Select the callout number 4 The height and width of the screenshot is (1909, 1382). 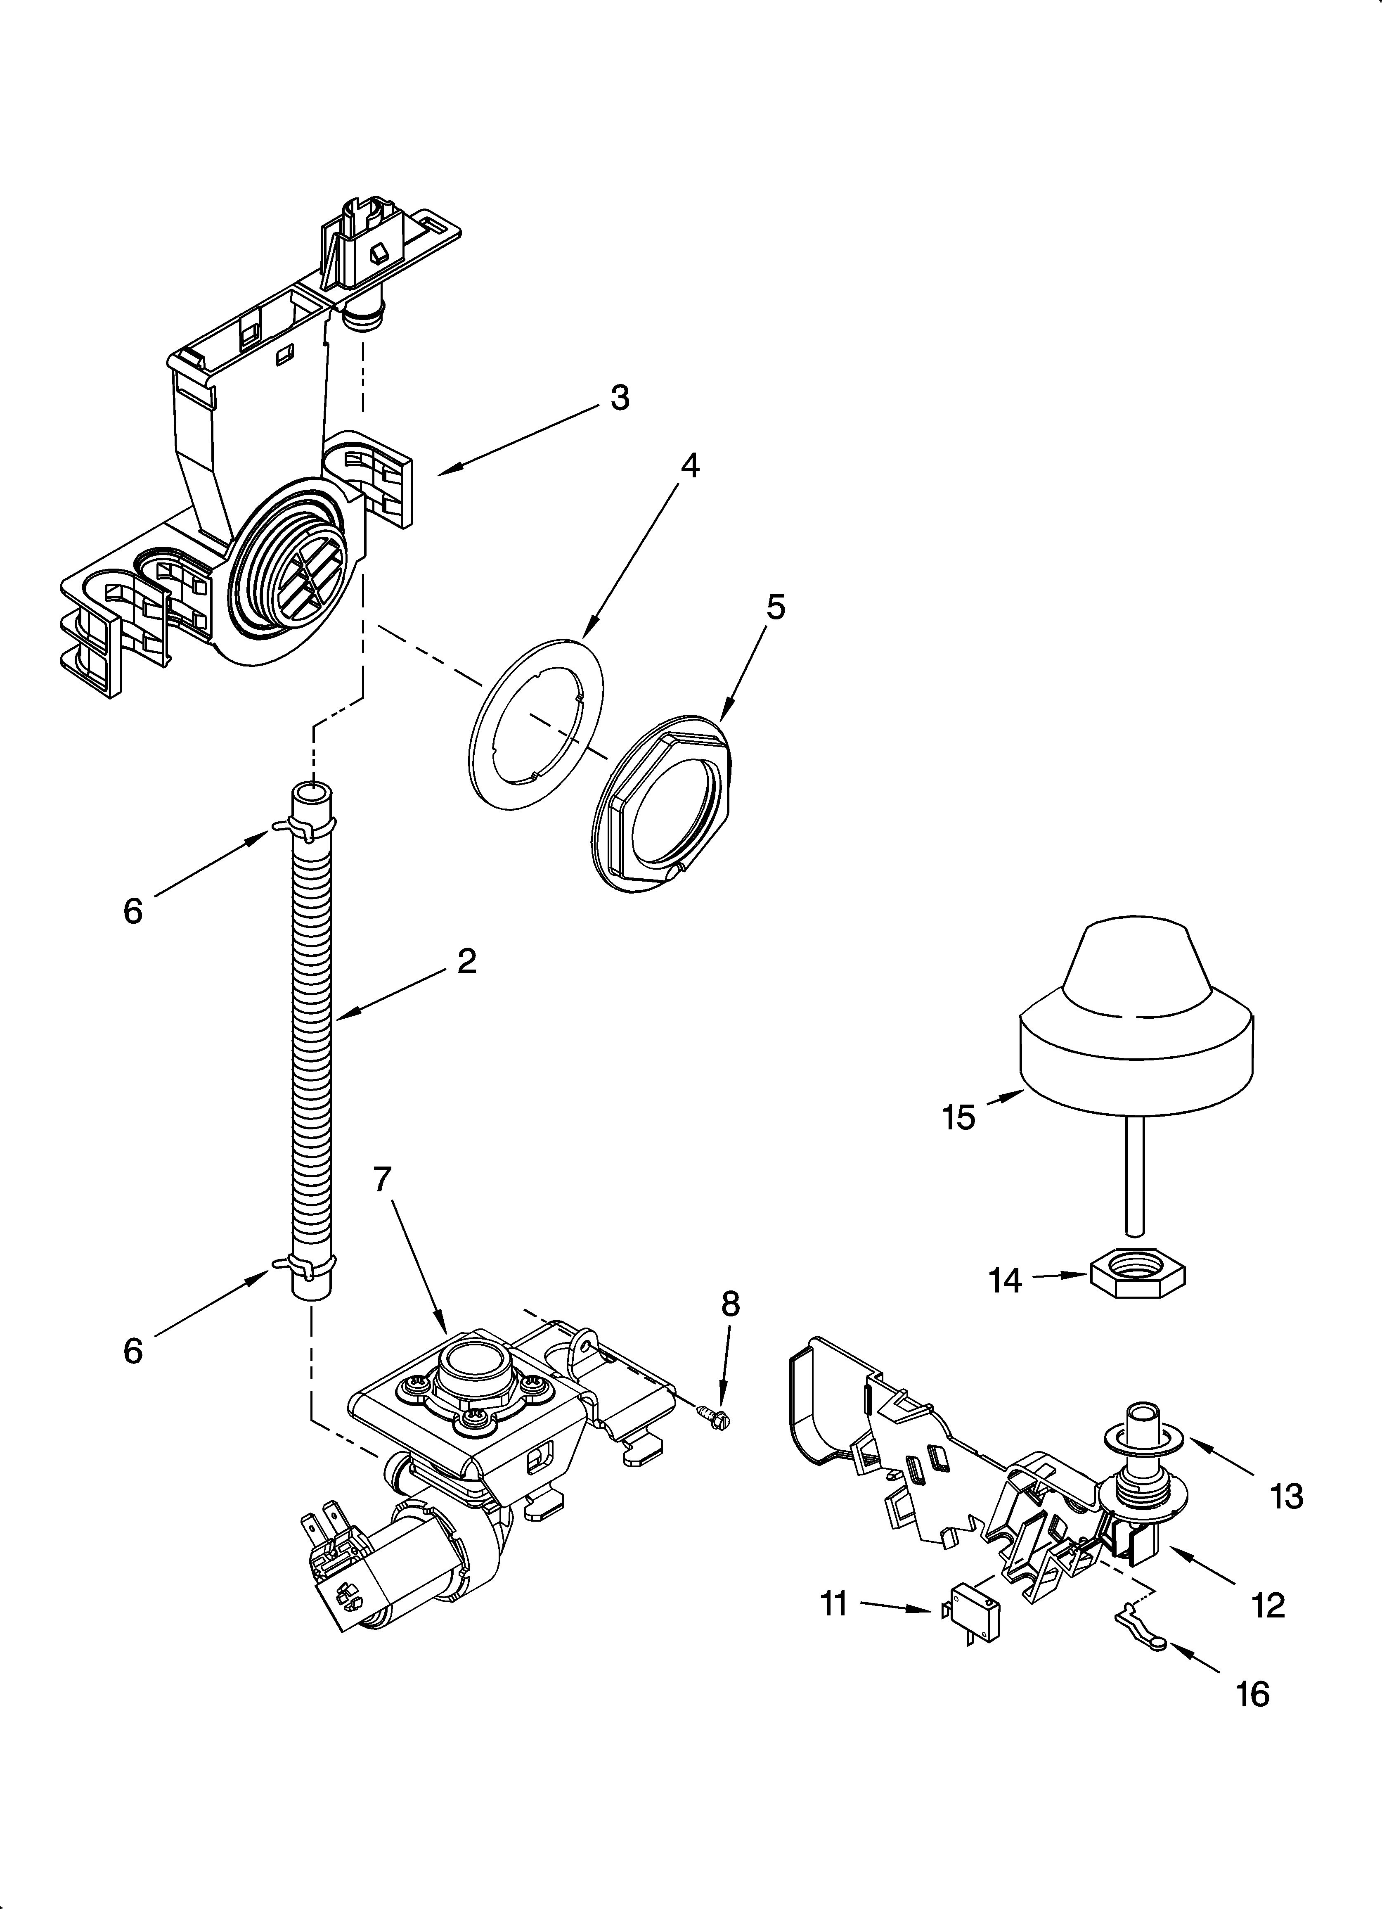click(689, 465)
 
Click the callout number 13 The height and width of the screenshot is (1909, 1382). click(1287, 1496)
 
